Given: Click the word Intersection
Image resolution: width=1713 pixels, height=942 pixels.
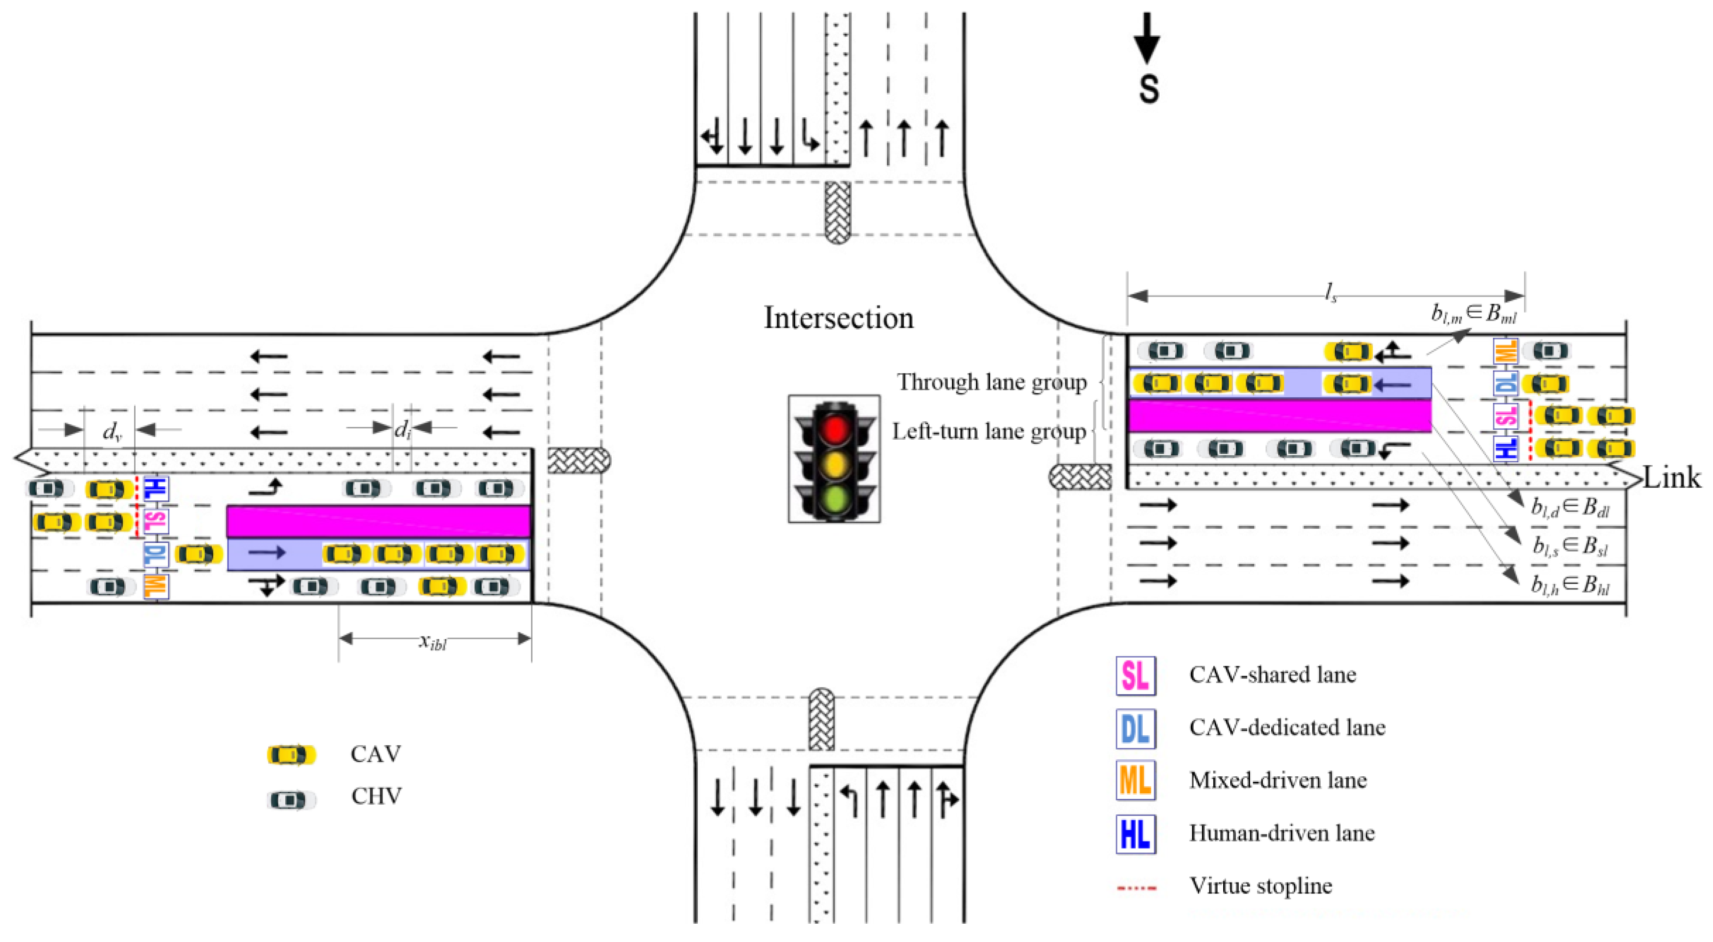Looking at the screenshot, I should tap(838, 318).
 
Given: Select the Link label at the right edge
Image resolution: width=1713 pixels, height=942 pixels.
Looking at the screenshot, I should tap(1672, 478).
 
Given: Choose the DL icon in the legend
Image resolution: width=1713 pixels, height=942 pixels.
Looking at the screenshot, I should tap(1135, 728).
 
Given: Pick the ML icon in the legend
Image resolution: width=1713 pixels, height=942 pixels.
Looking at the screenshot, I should tap(1135, 781).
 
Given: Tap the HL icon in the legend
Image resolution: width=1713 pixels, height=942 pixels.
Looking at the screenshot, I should tap(1135, 834).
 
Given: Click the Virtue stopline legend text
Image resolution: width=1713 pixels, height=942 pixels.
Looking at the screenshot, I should tap(1260, 886).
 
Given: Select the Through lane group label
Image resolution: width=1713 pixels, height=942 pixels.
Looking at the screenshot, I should tap(991, 383).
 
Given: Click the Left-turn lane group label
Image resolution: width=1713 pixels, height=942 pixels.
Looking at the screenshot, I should tap(989, 432).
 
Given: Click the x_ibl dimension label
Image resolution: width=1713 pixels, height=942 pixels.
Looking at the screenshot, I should tap(433, 641).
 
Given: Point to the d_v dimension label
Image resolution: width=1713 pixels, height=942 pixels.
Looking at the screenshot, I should tap(111, 433).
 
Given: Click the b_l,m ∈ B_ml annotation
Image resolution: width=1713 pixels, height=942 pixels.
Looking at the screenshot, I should tap(1474, 313).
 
